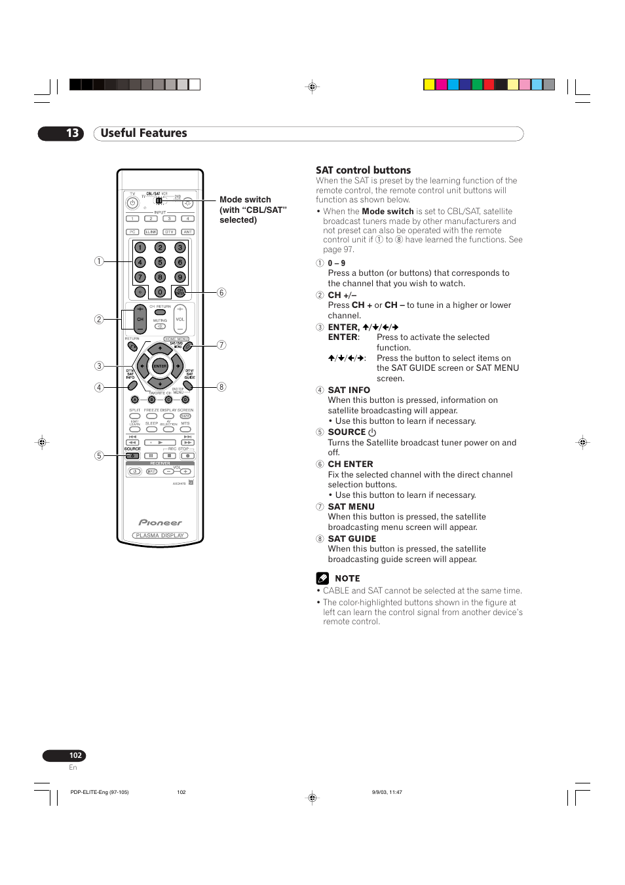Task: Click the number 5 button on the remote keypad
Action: [160, 262]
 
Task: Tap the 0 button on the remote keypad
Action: [160, 292]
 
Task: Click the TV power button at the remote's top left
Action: [132, 203]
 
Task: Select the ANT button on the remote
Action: [188, 232]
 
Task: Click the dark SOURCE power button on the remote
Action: [132, 455]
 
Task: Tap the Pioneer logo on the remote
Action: [160, 523]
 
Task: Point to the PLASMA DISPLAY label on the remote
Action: [160, 535]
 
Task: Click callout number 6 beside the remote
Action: [221, 293]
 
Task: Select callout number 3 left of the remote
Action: [99, 366]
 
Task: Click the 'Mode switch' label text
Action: [245, 200]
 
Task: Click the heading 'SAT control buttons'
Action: [363, 170]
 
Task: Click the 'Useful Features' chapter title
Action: [143, 133]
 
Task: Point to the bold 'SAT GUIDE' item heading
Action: [352, 539]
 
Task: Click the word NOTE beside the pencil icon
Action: [347, 578]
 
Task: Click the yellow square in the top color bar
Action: [429, 85]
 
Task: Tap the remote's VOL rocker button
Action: [180, 319]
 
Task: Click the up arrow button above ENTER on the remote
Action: [160, 349]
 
